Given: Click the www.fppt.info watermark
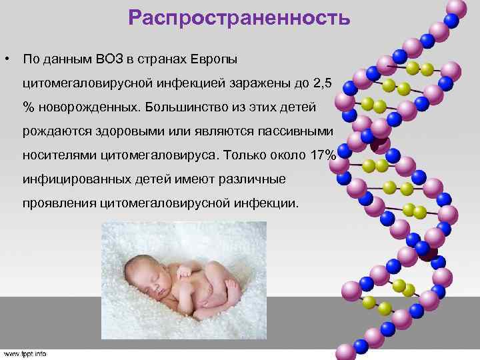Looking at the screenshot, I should tap(25, 353).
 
